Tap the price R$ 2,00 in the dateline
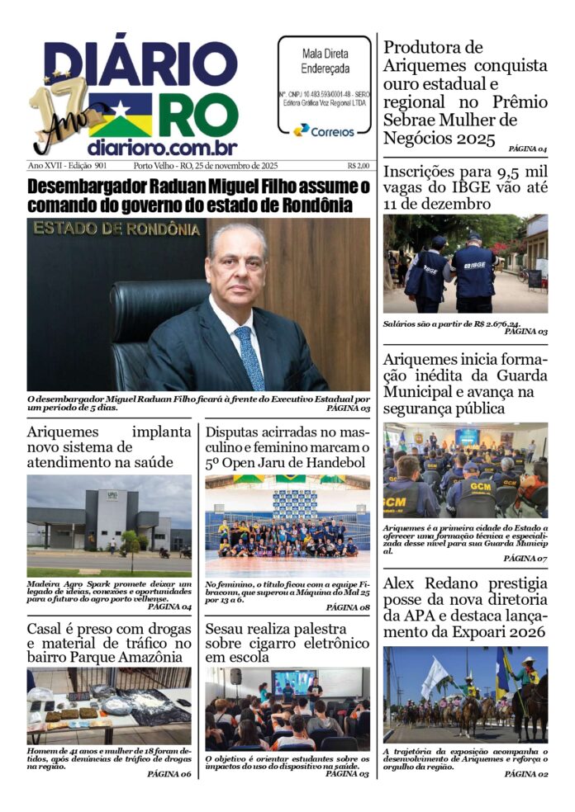(359, 165)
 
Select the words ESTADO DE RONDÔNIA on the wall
(116, 229)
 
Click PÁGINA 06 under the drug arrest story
(169, 774)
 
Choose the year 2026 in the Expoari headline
(524, 633)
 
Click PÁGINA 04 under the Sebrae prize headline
(527, 149)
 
